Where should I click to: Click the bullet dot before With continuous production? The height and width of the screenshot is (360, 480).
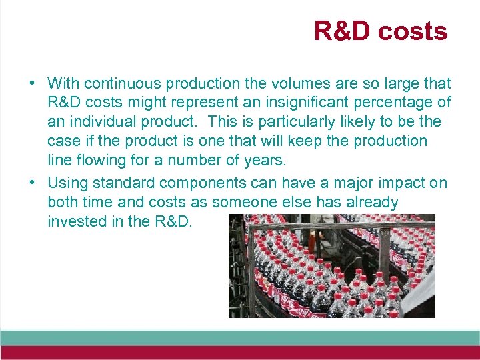coord(32,84)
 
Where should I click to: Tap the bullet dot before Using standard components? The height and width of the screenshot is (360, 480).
coord(32,183)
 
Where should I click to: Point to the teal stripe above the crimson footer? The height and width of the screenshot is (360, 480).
coord(240,337)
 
